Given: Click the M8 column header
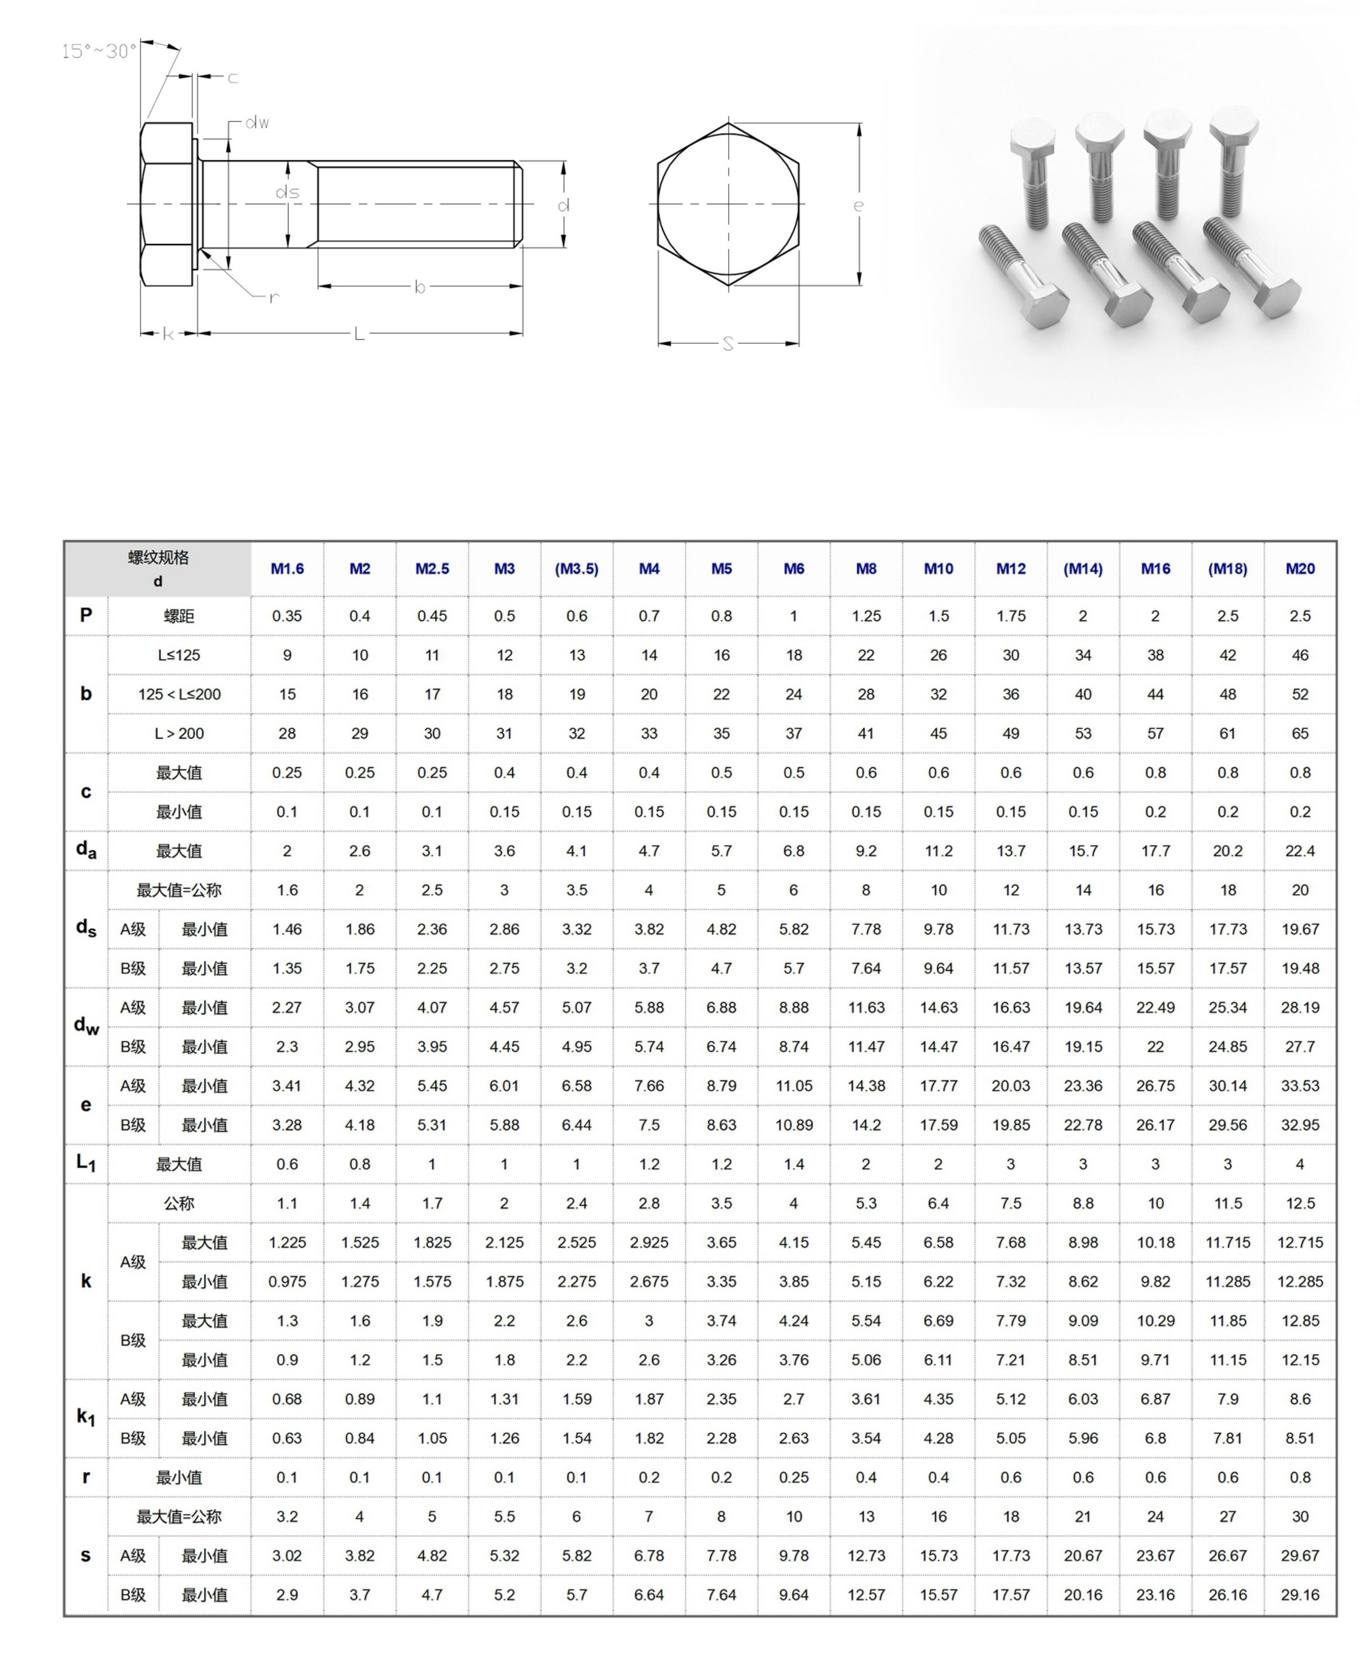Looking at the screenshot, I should pos(866,569).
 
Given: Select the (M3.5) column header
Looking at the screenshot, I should pos(576,569).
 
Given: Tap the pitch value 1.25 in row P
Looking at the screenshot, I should pos(866,616).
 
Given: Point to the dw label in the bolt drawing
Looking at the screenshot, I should pos(257,122).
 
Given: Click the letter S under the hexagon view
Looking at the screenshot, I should pos(728,344).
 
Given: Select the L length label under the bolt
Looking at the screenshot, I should pos(359,334).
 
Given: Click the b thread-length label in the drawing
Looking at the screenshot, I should pos(420,288).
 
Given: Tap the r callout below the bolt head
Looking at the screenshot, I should pos(273,297).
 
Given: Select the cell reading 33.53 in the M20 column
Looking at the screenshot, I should pos(1300,1086).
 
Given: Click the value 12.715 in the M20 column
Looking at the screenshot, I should pos(1300,1242).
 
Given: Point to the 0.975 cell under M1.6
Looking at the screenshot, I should pos(287,1282).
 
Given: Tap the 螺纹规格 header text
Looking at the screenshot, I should pos(158,557).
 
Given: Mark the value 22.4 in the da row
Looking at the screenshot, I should pos(1300,851).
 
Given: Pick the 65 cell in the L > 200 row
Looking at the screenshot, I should pos(1300,734).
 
